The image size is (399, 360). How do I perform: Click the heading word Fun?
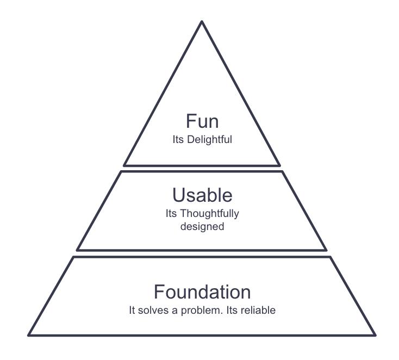(x=202, y=121)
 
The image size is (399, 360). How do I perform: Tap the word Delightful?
(x=209, y=140)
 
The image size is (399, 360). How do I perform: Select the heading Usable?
(x=202, y=195)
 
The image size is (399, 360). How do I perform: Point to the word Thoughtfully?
(x=209, y=214)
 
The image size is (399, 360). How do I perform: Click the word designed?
(x=202, y=226)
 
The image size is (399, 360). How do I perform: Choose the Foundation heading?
(x=202, y=292)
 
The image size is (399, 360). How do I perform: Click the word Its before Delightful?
(x=178, y=140)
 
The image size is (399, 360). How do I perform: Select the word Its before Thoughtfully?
(x=171, y=214)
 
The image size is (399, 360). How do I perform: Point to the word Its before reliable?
(x=232, y=311)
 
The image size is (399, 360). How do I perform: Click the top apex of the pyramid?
(x=202, y=22)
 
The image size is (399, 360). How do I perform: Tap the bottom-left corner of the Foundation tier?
(x=29, y=335)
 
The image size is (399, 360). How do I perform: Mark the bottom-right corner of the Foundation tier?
(x=375, y=335)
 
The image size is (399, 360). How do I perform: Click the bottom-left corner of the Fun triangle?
(x=124, y=165)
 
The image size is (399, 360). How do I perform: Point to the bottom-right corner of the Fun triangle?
(x=279, y=165)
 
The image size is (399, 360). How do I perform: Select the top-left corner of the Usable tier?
(x=121, y=172)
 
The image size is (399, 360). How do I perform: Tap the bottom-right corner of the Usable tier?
(x=326, y=250)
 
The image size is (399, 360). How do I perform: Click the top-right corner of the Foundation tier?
(x=330, y=257)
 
